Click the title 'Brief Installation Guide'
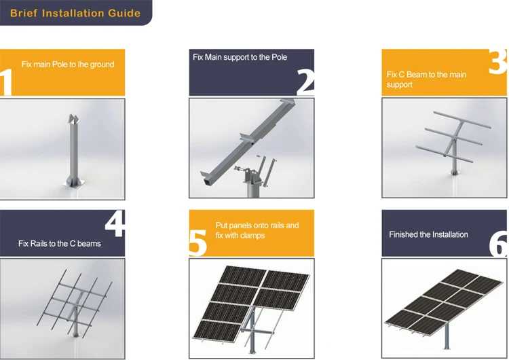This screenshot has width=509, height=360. pyautogui.click(x=75, y=13)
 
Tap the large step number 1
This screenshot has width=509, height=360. pyautogui.click(x=6, y=82)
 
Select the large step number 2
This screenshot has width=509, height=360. pyautogui.click(x=305, y=82)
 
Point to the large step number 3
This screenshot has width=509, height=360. pyautogui.click(x=497, y=61)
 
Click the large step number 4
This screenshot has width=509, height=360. pyautogui.click(x=115, y=223)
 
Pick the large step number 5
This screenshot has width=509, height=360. pyautogui.click(x=197, y=242)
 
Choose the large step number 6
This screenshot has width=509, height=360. pyautogui.click(x=498, y=243)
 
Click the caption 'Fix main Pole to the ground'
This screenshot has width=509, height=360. pyautogui.click(x=68, y=65)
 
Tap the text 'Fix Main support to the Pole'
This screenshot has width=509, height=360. pyautogui.click(x=240, y=57)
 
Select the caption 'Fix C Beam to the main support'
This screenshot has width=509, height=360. pyautogui.click(x=426, y=79)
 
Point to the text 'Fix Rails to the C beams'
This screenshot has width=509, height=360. pyautogui.click(x=60, y=244)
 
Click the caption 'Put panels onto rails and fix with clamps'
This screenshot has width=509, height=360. pyautogui.click(x=257, y=230)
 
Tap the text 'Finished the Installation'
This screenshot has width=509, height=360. pyautogui.click(x=428, y=234)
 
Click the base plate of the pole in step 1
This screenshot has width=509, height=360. pyautogui.click(x=74, y=183)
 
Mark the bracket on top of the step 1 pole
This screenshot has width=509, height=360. pyautogui.click(x=73, y=120)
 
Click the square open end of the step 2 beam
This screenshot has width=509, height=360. pyautogui.click(x=206, y=183)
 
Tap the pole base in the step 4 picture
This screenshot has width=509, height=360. pyautogui.click(x=76, y=334)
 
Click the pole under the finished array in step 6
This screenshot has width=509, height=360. pyautogui.click(x=447, y=336)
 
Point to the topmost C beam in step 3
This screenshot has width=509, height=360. pyautogui.click(x=462, y=120)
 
